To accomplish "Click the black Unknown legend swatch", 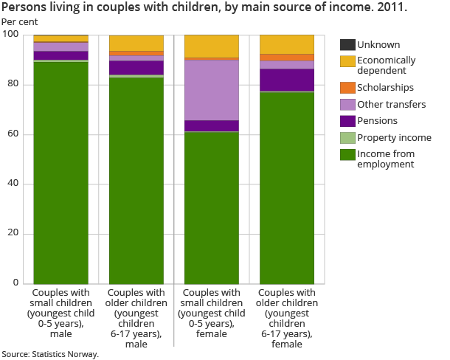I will (347, 45).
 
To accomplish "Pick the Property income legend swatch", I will (347, 137).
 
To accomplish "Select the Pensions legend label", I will (377, 120).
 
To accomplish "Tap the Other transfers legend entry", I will (391, 104).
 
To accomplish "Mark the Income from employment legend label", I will (385, 159).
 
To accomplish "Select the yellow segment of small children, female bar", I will (211, 46).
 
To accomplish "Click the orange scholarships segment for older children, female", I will (287, 57).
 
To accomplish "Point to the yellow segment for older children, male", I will (136, 43).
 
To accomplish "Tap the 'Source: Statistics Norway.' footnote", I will (50, 354).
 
